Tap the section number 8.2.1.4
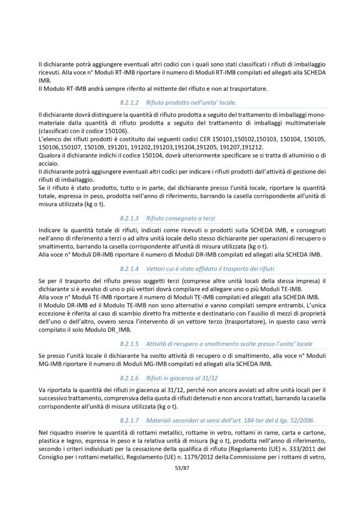(x=131, y=269)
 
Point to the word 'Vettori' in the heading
(x=159, y=269)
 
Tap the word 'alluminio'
(x=294, y=156)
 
